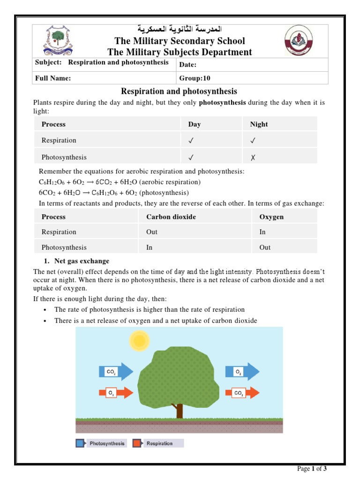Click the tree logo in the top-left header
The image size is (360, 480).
[58, 40]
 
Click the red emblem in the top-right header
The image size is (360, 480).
[300, 41]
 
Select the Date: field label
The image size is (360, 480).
[188, 65]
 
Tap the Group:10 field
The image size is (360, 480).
[192, 78]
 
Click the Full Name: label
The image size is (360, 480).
[53, 78]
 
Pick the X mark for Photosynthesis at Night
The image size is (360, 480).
[253, 157]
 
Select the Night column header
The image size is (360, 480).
[259, 124]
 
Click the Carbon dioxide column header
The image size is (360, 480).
[171, 217]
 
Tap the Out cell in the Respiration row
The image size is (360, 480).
[152, 232]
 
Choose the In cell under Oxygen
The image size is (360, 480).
[262, 232]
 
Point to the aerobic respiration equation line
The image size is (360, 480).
[120, 182]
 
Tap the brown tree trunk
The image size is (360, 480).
[179, 410]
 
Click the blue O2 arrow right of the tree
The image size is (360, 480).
[242, 372]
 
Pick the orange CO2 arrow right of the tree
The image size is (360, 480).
[242, 393]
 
